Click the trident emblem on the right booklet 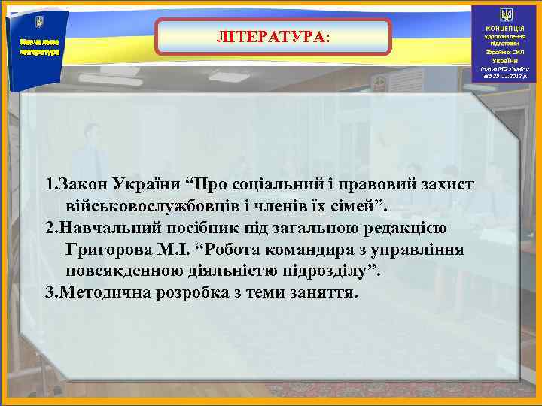(x=506, y=14)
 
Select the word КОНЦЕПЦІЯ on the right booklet (x=506, y=28)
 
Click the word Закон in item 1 (x=82, y=185)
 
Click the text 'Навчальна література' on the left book (x=35, y=47)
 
